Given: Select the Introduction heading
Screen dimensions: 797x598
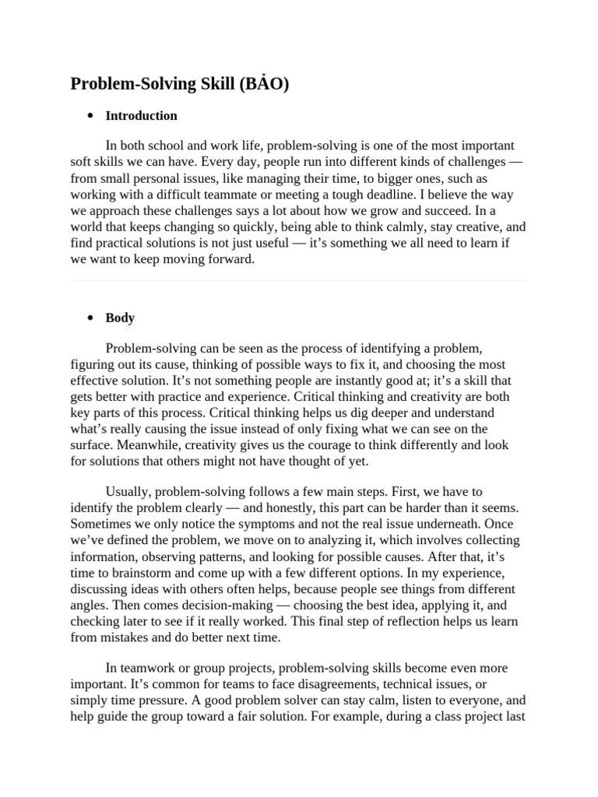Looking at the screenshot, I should pos(141,116).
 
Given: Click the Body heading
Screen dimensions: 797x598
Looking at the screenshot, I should pos(120,318).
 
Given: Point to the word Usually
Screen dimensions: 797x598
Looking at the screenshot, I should pos(126,492).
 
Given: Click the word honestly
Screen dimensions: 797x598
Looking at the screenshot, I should pos(295,508).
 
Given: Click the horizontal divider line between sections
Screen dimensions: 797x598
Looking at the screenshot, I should pos(299,281).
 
